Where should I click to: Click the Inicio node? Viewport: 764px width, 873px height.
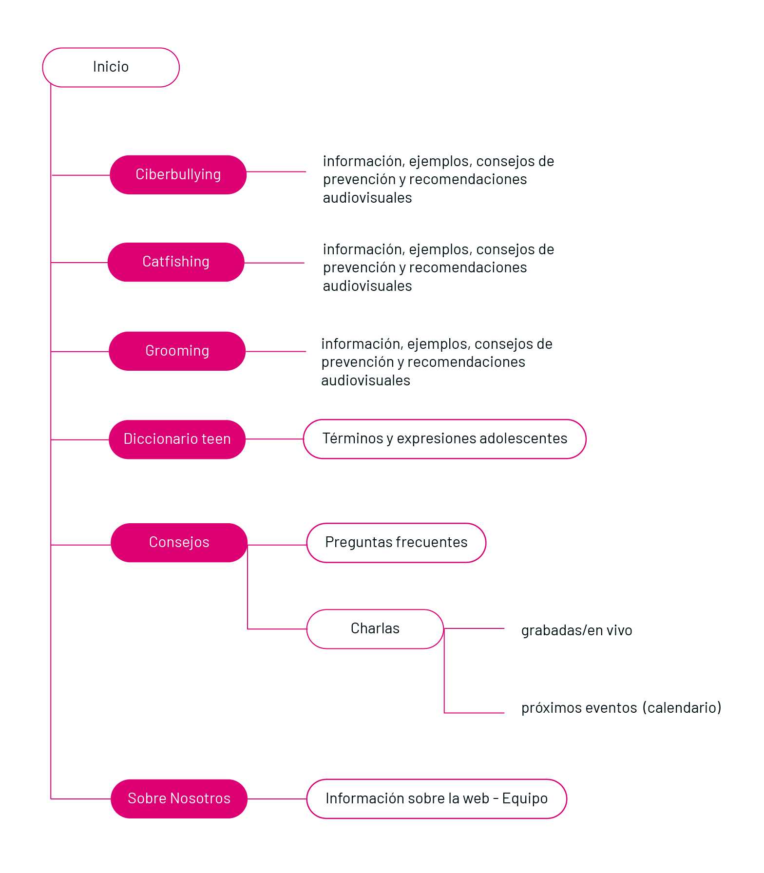point(111,67)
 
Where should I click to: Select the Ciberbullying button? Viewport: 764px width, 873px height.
point(178,174)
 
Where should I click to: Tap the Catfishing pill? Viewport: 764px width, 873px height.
point(175,262)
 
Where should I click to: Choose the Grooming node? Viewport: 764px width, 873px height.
point(177,351)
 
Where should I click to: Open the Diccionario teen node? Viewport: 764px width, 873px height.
point(177,439)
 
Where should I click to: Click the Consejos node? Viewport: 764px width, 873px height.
point(179,542)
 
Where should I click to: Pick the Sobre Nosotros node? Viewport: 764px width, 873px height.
point(179,798)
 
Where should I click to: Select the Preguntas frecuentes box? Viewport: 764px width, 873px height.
point(396,542)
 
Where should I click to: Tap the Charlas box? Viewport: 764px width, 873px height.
point(375,628)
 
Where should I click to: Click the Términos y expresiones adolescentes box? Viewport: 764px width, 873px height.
point(444,438)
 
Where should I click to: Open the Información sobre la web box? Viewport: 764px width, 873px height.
point(436,798)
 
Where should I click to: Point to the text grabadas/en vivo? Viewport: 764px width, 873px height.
point(576,630)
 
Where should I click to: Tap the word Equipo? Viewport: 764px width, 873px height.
point(524,798)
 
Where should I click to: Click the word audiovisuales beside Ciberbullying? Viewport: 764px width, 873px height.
point(367,198)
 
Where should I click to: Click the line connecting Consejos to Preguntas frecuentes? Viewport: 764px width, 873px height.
point(277,545)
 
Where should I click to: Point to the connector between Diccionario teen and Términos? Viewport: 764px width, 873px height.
point(274,439)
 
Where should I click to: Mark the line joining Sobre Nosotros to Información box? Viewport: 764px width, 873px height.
point(277,799)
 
